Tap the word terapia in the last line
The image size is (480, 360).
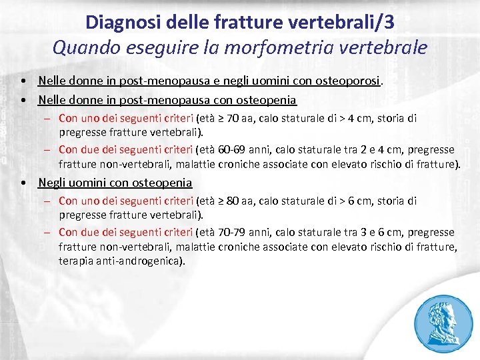[75, 261]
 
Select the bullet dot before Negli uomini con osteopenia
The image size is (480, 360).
[23, 183]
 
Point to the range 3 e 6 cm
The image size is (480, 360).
[381, 232]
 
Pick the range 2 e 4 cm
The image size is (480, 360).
[381, 149]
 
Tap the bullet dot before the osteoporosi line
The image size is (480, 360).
[23, 81]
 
